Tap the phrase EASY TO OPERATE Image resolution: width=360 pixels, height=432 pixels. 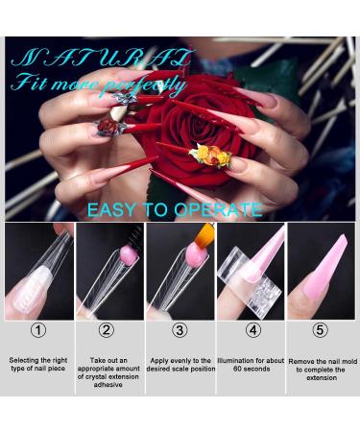pos(173,208)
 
